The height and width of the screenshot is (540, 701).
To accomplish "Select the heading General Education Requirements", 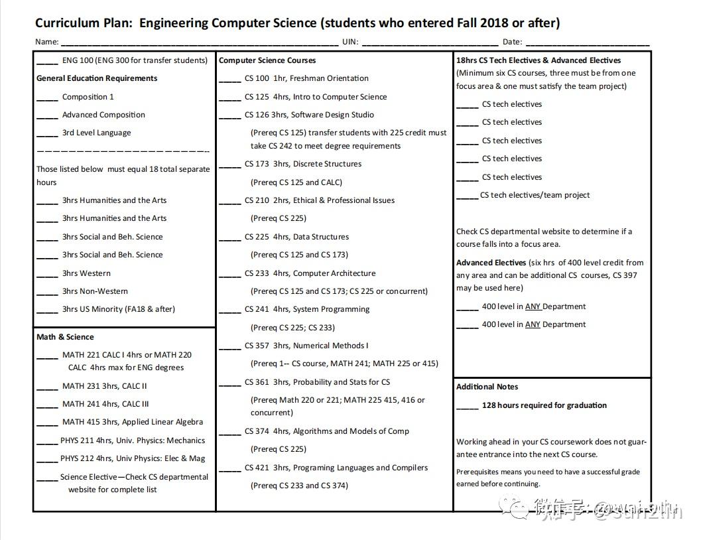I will point(97,78).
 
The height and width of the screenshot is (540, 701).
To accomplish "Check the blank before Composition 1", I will point(47,98).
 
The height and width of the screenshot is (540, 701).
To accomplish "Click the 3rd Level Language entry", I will point(96,133).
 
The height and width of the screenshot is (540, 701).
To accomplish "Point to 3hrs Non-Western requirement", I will point(95,291).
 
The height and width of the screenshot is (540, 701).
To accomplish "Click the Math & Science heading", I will point(65,337).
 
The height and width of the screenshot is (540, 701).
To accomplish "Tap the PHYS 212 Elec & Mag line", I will point(132,458).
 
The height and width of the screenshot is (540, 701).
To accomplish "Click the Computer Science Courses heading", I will point(267,60).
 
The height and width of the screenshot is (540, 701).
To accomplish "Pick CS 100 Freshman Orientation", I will point(306,78).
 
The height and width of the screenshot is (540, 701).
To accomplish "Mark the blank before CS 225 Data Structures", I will point(230,237).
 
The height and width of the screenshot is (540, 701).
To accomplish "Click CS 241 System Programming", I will point(306,309).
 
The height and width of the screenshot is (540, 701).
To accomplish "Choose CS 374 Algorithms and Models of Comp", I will point(326,431).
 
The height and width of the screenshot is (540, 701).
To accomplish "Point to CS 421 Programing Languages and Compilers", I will point(336,468).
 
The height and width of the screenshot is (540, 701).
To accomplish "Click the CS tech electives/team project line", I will point(535,195).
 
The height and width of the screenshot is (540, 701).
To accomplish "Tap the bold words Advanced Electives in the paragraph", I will point(491,263).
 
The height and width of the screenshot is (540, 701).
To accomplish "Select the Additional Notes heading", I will point(487,387).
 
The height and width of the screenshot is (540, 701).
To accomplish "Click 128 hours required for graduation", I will point(544,405).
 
